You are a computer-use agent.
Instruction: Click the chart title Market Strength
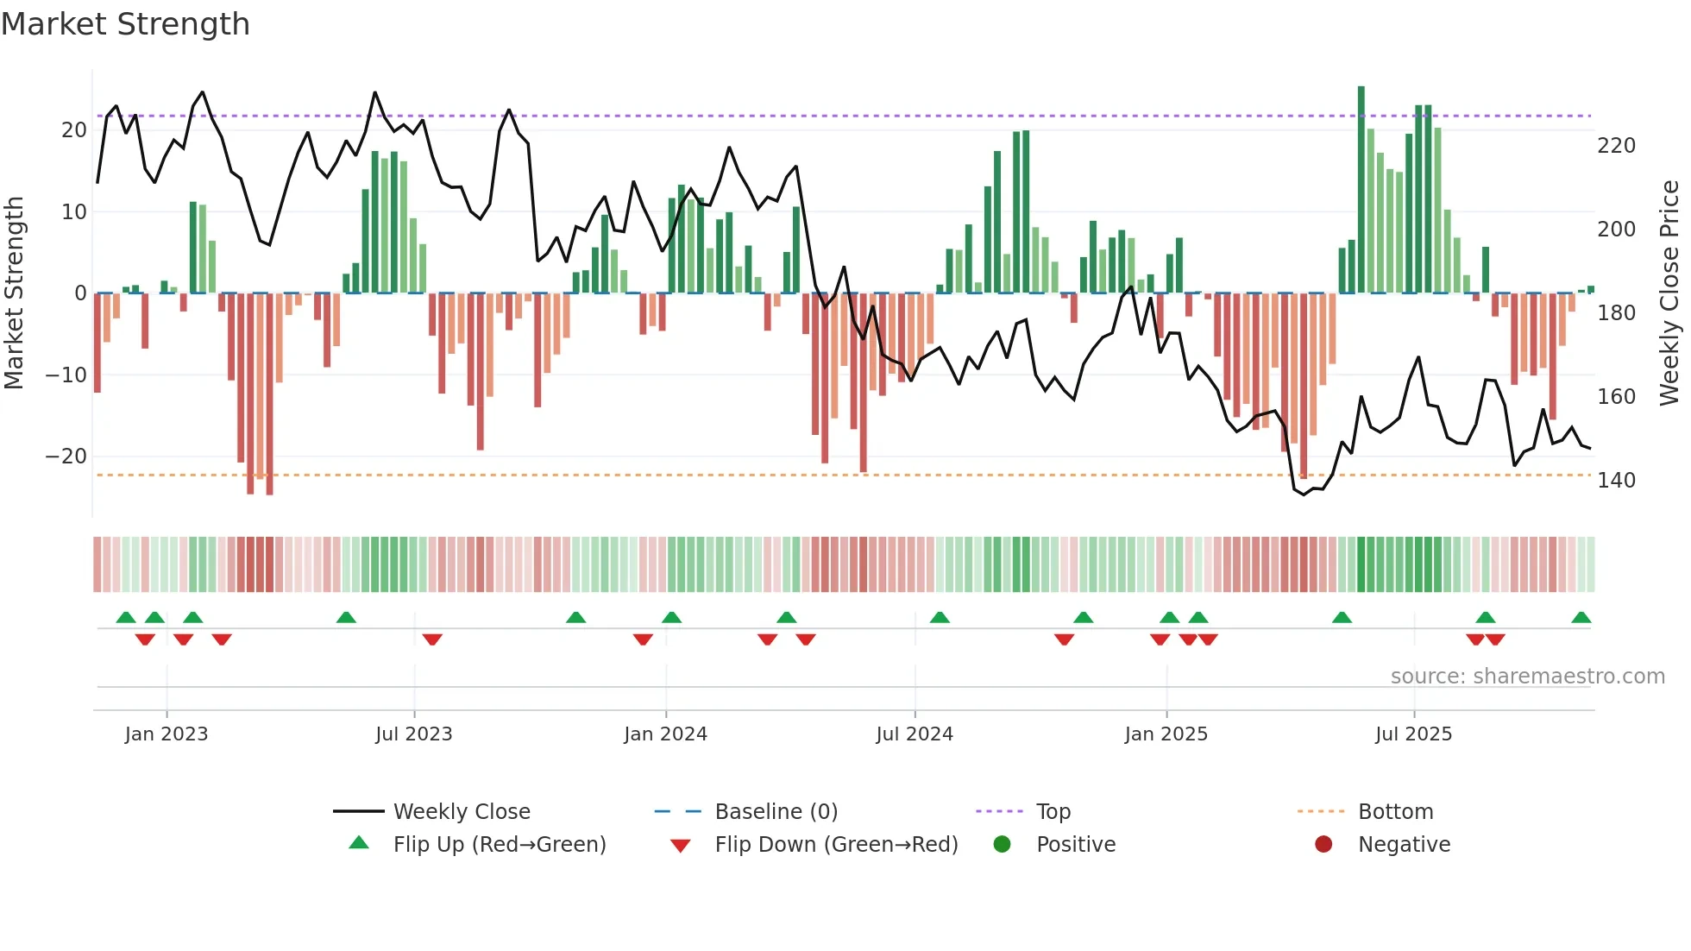125,24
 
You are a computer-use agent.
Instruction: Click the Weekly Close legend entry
461,812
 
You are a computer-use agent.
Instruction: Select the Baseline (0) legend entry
776,812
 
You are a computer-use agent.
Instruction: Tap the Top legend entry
1053,812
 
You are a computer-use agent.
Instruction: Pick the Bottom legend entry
1395,812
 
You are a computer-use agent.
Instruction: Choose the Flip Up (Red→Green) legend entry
499,845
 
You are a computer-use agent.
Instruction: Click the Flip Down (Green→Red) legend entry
835,845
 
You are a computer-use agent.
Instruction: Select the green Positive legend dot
1002,845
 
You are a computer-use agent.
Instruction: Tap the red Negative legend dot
1323,845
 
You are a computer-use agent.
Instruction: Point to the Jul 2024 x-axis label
915,734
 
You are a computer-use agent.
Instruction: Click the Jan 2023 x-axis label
167,734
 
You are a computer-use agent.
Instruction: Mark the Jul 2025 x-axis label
1413,734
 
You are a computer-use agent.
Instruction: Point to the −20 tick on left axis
66,457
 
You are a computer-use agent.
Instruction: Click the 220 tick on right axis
1616,146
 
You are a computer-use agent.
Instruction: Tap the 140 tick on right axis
1616,481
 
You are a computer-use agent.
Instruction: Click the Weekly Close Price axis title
1670,293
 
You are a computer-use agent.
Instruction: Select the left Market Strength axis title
15,293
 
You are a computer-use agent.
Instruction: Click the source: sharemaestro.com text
1527,677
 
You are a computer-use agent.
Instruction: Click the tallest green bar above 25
1361,190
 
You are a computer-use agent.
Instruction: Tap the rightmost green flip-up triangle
1581,618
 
